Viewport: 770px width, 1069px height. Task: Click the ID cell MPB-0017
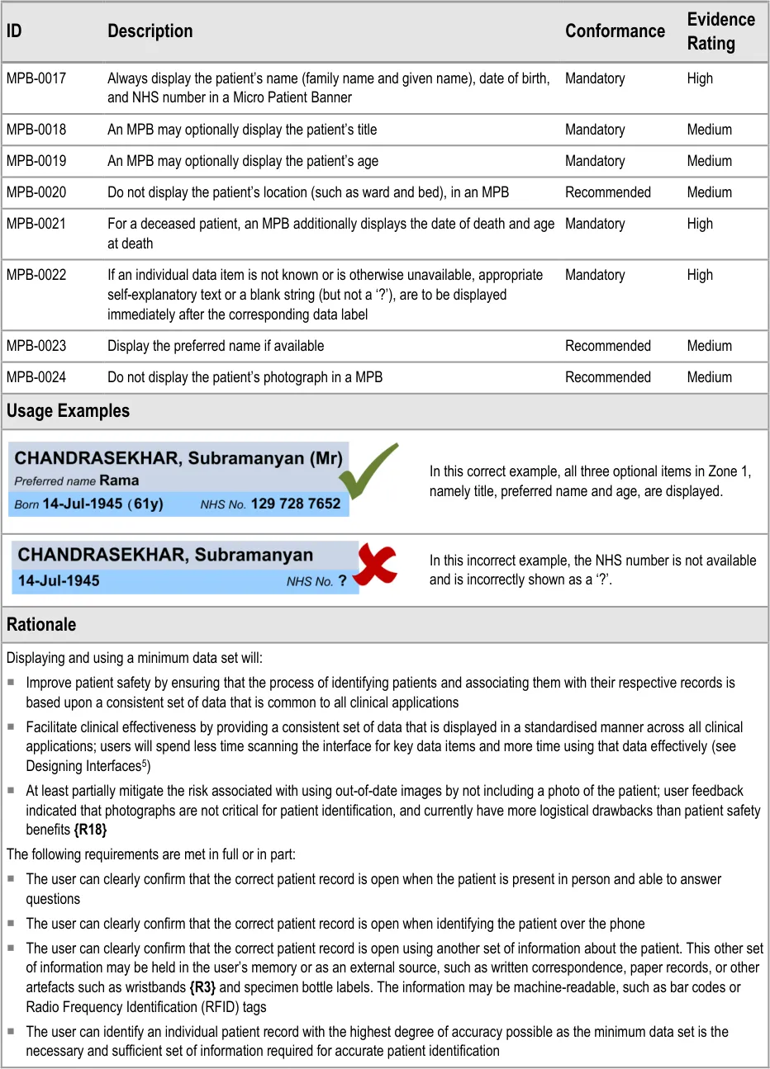click(x=36, y=78)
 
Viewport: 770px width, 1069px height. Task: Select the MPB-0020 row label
click(x=36, y=192)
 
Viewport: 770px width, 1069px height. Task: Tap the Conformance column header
click(x=615, y=31)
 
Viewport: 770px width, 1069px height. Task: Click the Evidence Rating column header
click(x=720, y=31)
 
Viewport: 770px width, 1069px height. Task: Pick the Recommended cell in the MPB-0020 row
click(x=607, y=192)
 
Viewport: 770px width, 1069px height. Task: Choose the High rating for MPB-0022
click(x=700, y=275)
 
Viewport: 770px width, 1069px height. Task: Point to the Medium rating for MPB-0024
click(x=709, y=377)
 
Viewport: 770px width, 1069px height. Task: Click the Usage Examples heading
click(x=68, y=411)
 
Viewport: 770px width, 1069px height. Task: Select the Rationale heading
click(x=41, y=625)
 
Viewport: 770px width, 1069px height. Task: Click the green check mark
click(x=368, y=471)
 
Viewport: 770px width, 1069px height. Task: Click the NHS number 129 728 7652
click(x=296, y=504)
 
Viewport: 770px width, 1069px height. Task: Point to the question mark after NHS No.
click(x=342, y=581)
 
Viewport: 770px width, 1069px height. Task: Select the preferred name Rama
click(x=119, y=480)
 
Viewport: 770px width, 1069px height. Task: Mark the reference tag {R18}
click(x=90, y=830)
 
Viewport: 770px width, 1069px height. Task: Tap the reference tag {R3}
click(x=202, y=987)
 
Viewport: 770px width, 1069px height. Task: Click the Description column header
click(x=150, y=31)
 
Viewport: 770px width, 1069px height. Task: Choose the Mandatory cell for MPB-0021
click(x=595, y=224)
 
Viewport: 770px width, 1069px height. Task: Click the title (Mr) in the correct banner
click(x=326, y=459)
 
